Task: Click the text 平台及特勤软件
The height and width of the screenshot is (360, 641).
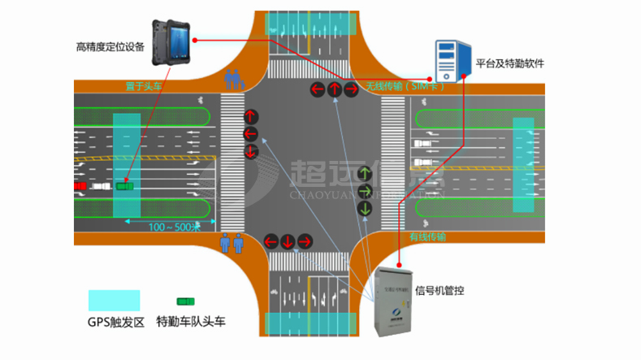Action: (509, 63)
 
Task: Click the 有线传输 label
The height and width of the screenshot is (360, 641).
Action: (427, 237)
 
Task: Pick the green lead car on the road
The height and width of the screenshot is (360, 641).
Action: (124, 186)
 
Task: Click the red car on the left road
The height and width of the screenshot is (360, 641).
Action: (80, 186)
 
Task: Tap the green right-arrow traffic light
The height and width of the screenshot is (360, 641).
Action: (366, 191)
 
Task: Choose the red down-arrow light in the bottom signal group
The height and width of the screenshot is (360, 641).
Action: (287, 241)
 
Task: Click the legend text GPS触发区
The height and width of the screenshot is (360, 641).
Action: (116, 322)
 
